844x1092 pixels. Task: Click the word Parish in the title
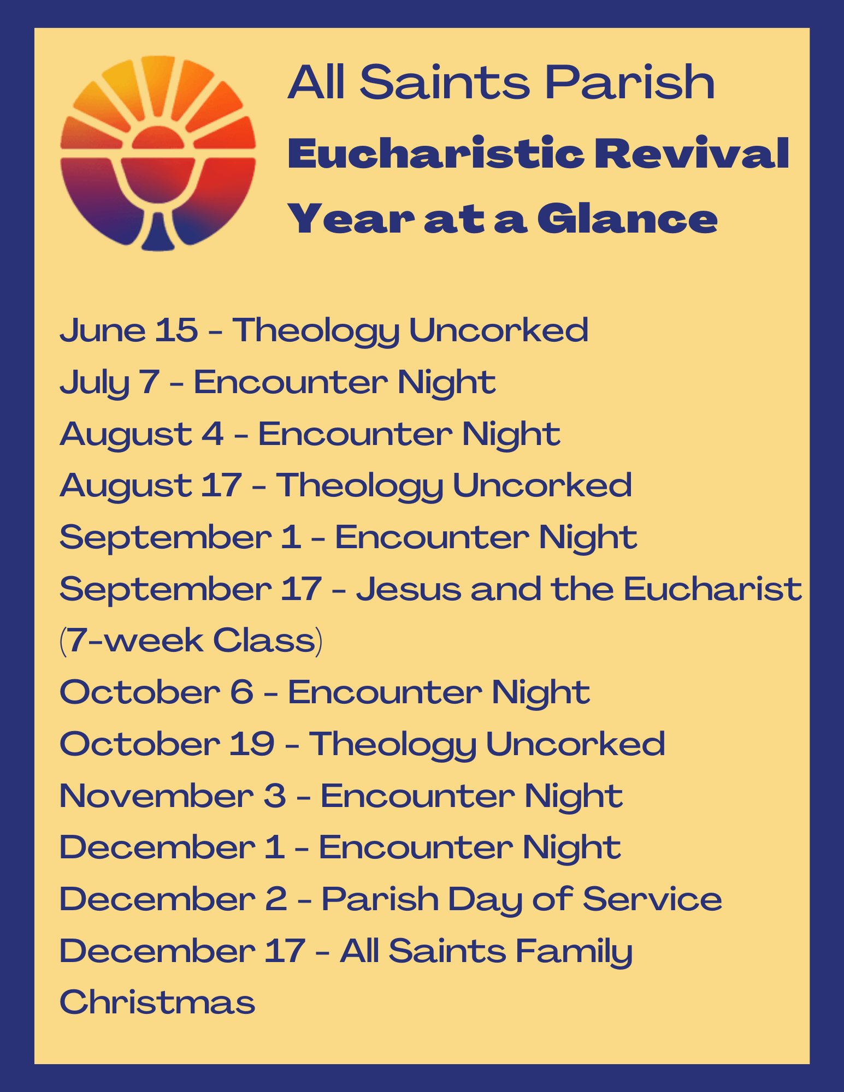630,82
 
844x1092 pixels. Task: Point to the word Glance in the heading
627,219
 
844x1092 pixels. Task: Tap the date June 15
128,330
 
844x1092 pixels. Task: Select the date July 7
109,382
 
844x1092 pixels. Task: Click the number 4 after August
213,434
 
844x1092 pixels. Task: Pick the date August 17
151,486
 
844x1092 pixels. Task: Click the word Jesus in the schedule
409,590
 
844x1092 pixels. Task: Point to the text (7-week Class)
191,640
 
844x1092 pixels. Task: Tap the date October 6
156,692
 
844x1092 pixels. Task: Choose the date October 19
167,744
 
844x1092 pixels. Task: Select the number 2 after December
276,899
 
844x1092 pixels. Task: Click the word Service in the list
652,899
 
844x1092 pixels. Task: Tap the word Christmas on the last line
157,1002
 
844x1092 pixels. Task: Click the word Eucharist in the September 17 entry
712,590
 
